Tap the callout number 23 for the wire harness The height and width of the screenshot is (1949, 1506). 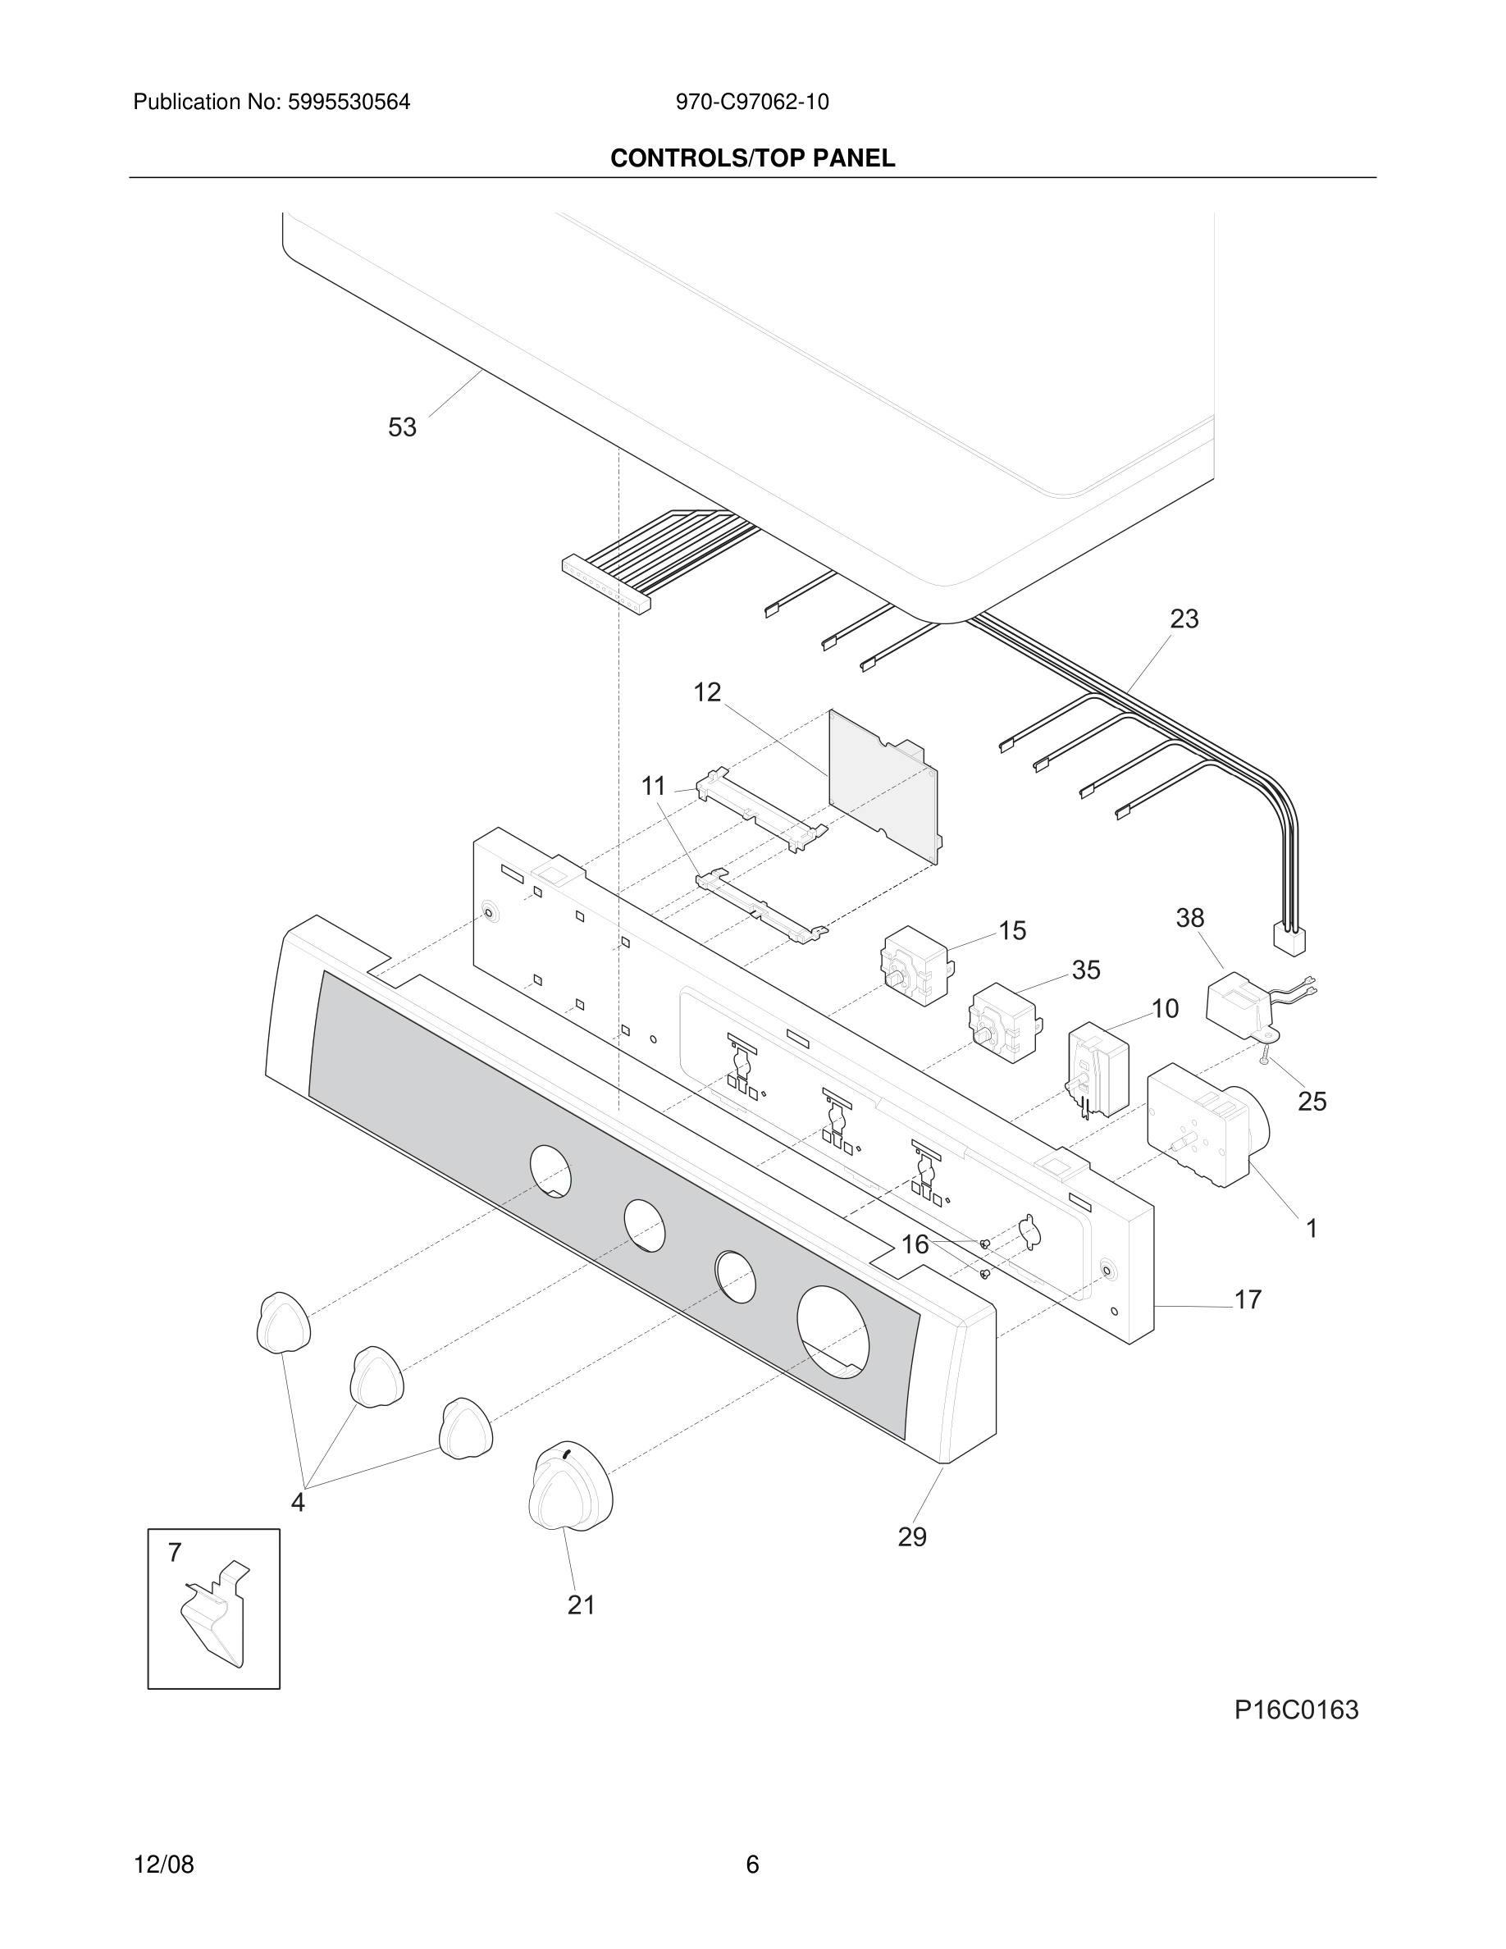coord(1184,618)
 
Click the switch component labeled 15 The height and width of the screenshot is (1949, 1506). coord(915,966)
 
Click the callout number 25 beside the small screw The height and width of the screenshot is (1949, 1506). coord(1312,1101)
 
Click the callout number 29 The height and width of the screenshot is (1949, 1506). coord(912,1536)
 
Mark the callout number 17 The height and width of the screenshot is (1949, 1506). coord(1248,1299)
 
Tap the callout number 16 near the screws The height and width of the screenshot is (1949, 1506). coord(915,1244)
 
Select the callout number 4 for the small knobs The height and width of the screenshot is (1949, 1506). coord(298,1503)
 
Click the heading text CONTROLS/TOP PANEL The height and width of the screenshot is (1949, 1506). coord(752,158)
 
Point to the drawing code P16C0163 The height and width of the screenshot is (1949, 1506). coord(1295,1709)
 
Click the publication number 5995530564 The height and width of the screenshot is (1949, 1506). coord(348,102)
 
